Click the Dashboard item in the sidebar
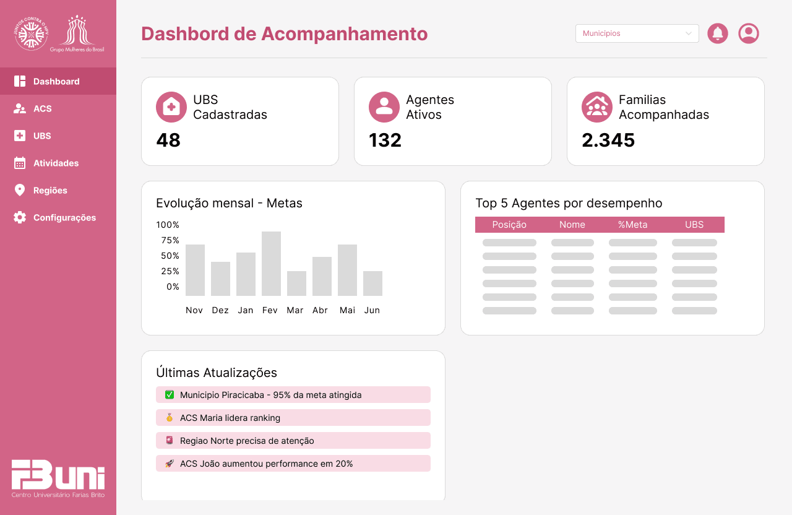coord(56,81)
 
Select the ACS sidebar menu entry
coord(42,108)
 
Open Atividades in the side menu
coord(56,163)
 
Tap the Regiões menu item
coord(50,190)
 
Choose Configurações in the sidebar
coord(64,217)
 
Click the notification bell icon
coord(718,33)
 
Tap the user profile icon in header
coord(749,33)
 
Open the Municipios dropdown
coord(637,33)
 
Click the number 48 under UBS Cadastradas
coord(168,141)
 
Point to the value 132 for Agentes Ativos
coord(385,141)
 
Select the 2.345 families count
coord(608,141)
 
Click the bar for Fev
coord(271,264)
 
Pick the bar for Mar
coord(296,283)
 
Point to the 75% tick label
coord(168,240)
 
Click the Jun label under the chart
coord(372,310)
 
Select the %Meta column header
coord(632,225)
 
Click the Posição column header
coord(509,225)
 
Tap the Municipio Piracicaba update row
coord(293,395)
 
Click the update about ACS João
coord(293,464)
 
